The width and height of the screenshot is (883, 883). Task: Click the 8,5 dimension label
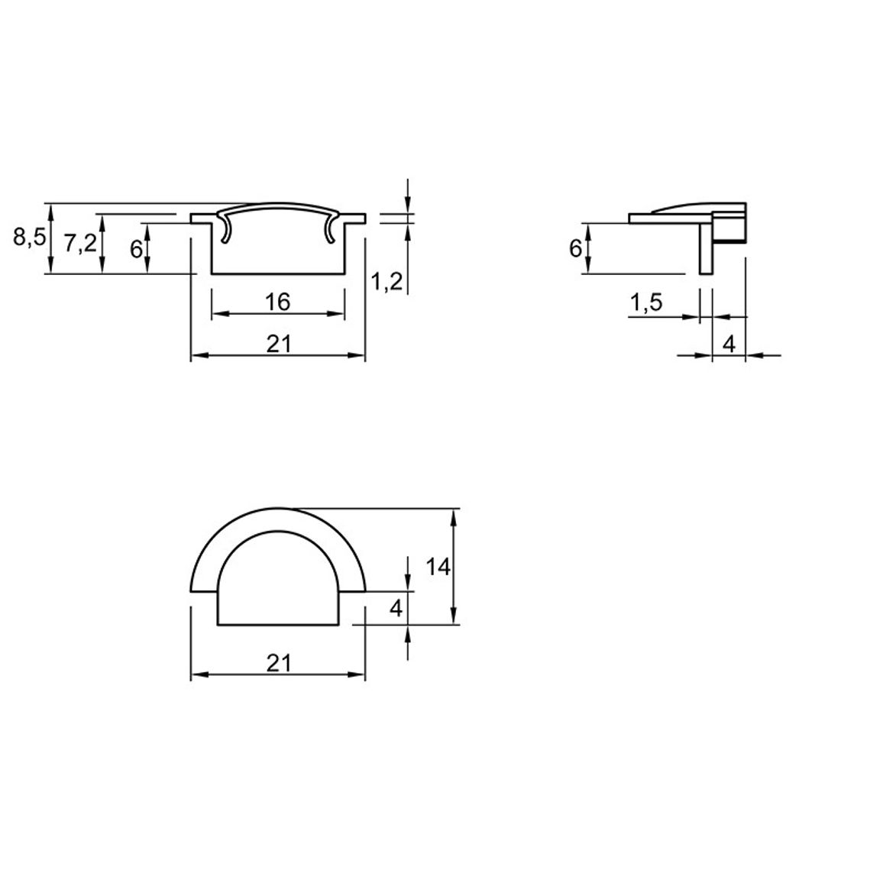point(29,238)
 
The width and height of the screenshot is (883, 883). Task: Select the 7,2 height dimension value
point(80,244)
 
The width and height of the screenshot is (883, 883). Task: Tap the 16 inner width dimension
point(277,302)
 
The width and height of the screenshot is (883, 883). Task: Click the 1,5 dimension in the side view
point(646,303)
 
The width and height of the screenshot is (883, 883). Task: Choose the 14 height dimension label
point(438,567)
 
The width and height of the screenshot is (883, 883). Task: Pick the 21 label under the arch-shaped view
point(279,663)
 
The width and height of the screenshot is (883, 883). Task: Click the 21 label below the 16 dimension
point(279,344)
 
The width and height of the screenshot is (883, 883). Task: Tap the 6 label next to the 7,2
point(136,249)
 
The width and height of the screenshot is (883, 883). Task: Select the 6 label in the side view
point(575,248)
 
